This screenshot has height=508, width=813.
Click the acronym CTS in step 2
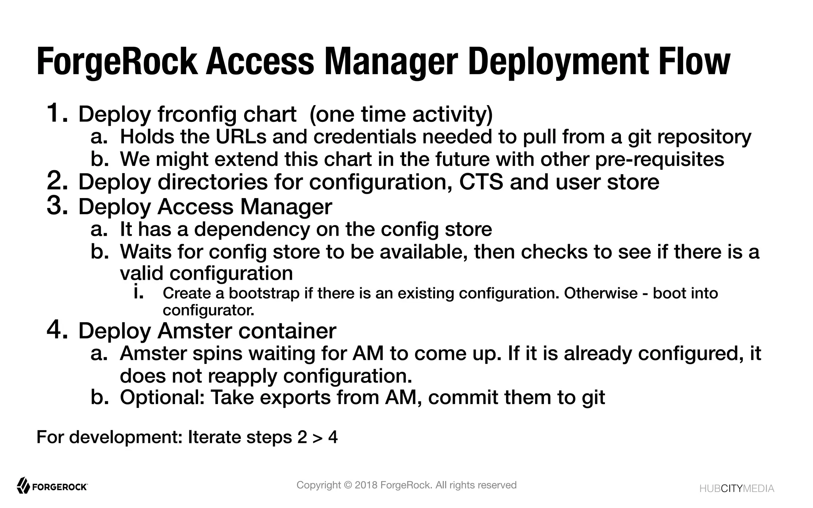(x=481, y=182)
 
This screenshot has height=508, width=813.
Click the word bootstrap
(x=264, y=293)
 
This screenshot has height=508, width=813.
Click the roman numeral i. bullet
(x=138, y=292)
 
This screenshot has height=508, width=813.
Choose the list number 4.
(x=57, y=330)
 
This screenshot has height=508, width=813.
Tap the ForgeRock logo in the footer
(x=52, y=486)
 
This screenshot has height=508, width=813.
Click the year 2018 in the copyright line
(x=366, y=485)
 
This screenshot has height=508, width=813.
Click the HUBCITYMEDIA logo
(x=736, y=489)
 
